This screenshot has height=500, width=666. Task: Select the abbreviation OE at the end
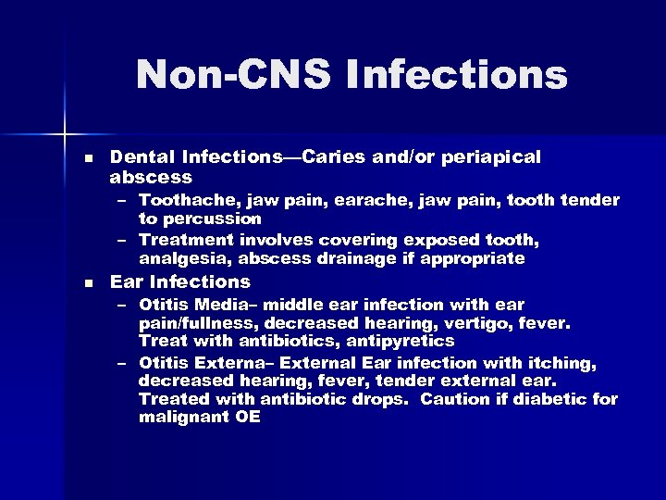click(x=246, y=418)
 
